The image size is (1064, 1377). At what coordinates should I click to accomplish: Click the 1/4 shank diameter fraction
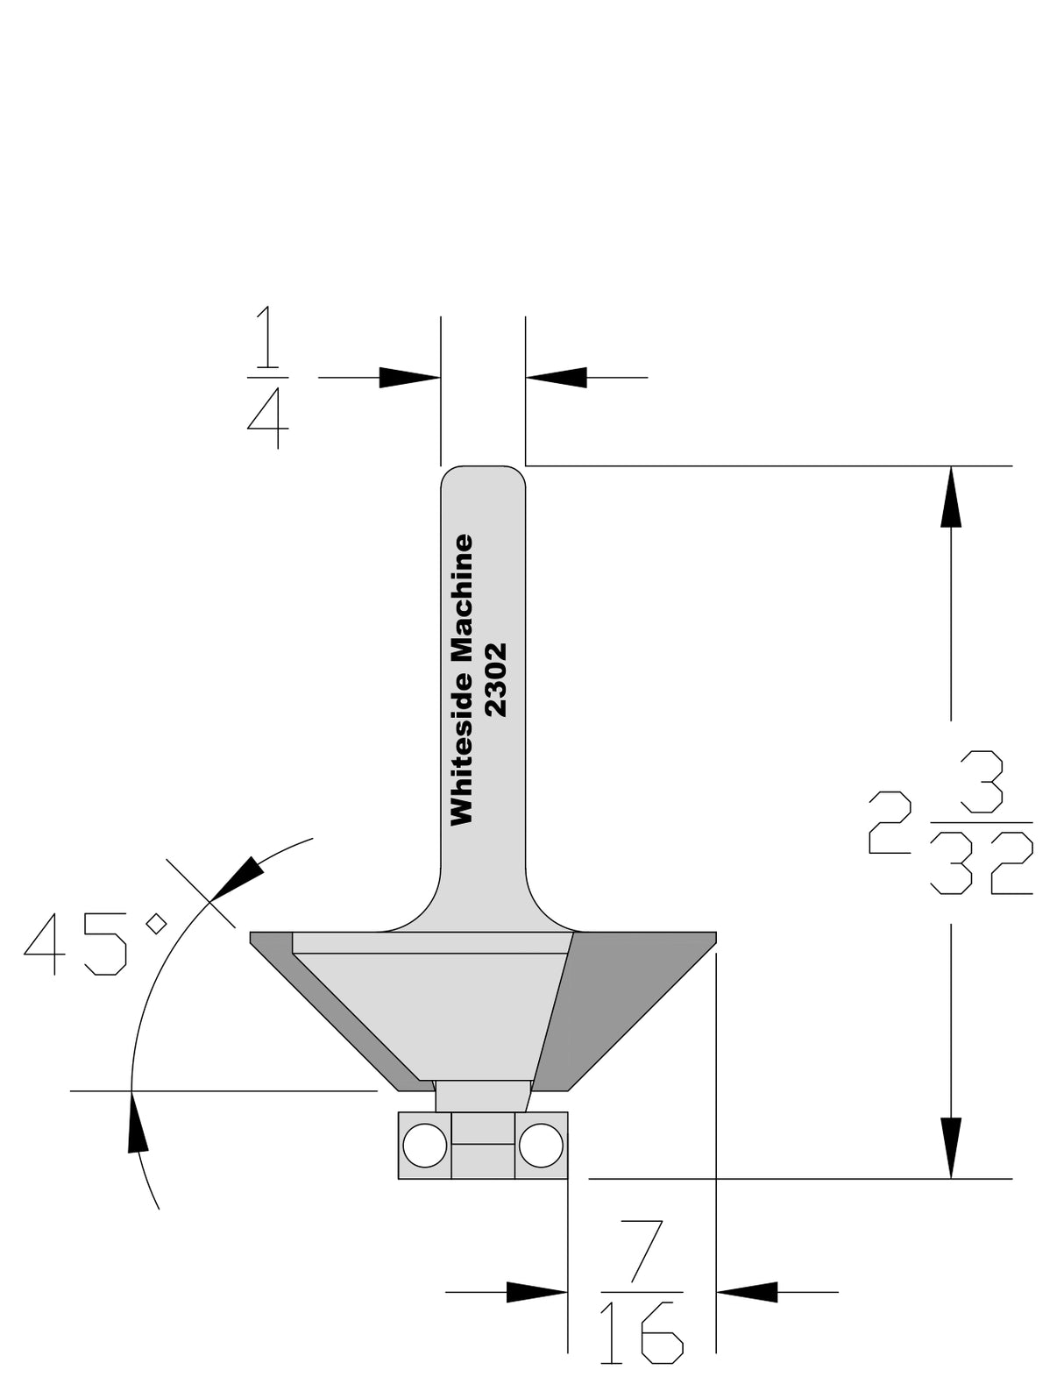pyautogui.click(x=267, y=378)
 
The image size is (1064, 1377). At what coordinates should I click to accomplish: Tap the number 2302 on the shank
pyautogui.click(x=496, y=680)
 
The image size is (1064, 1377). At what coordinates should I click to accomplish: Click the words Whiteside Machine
pyautogui.click(x=462, y=680)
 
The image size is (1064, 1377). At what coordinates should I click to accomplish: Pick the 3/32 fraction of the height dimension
pyautogui.click(x=982, y=822)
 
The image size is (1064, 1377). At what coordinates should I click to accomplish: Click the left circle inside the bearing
pyautogui.click(x=425, y=1145)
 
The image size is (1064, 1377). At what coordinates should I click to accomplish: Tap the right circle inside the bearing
pyautogui.click(x=540, y=1145)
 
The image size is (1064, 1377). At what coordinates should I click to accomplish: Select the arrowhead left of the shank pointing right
pyautogui.click(x=408, y=378)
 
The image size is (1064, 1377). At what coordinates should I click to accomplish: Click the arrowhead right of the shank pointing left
pyautogui.click(x=557, y=378)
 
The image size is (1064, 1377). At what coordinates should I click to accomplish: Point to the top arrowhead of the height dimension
pyautogui.click(x=951, y=497)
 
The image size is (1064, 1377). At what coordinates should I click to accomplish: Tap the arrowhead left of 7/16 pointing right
pyautogui.click(x=536, y=1291)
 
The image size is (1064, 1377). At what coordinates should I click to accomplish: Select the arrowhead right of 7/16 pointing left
pyautogui.click(x=748, y=1291)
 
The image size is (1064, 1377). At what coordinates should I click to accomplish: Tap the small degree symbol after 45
pyautogui.click(x=157, y=923)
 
